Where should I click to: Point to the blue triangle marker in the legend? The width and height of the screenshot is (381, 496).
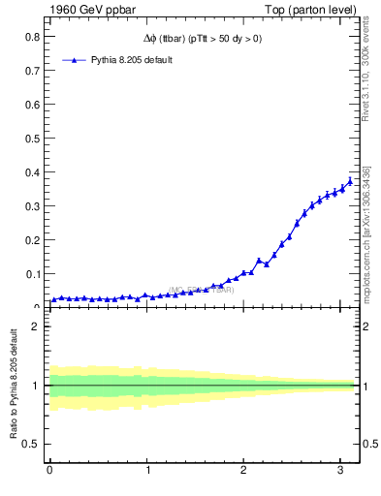click(75, 60)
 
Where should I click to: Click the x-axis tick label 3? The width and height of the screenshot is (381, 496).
click(340, 472)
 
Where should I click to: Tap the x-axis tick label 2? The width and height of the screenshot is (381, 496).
click(243, 472)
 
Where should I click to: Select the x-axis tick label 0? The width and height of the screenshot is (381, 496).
click(49, 472)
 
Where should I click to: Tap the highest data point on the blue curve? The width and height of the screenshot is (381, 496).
click(350, 181)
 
